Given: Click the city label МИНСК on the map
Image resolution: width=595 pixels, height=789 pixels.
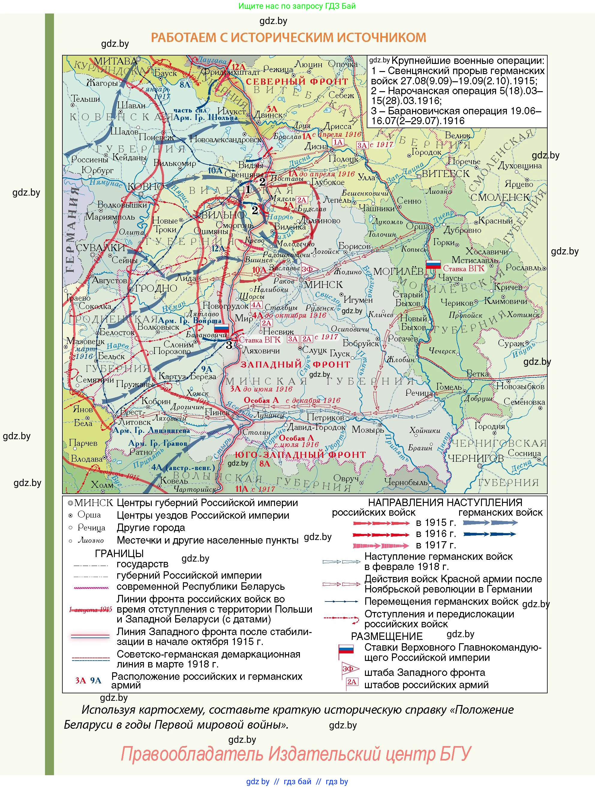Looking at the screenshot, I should coord(323,284).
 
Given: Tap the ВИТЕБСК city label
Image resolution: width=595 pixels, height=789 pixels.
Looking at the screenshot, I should coord(445,173).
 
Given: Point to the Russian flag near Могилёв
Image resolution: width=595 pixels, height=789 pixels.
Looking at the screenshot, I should coord(434,264).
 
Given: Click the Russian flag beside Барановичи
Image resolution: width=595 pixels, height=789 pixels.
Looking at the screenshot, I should coord(221,328).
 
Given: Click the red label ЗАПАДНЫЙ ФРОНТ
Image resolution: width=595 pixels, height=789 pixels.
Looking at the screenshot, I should coord(295,364).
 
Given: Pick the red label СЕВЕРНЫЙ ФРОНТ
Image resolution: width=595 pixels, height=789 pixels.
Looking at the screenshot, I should coord(297,81).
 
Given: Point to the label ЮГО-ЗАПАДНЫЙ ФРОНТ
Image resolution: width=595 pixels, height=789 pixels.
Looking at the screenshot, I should coord(300,454).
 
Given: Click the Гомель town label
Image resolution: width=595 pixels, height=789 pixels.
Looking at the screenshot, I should coord(449,387).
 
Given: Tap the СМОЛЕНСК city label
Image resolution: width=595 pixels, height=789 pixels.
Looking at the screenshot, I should coord(500,197).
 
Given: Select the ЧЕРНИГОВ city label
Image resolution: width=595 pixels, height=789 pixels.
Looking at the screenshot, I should coord(475,458).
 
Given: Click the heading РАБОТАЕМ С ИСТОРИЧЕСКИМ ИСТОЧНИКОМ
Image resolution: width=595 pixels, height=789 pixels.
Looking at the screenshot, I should coord(289,37).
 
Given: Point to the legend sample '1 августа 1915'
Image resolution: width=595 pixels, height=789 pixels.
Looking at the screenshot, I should coord(91,610).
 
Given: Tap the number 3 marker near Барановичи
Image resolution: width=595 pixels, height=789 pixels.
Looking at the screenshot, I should coord(229,345).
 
